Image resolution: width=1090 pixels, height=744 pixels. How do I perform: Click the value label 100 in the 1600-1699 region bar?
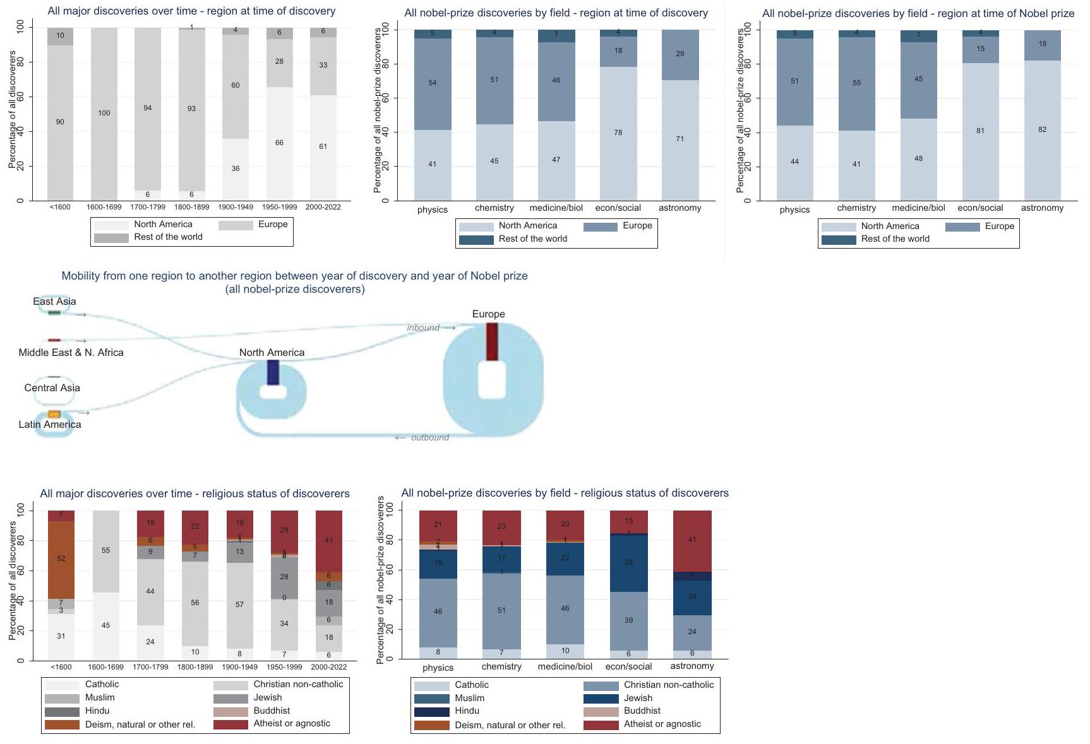point(104,114)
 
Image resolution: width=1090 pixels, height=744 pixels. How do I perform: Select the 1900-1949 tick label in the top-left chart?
point(236,207)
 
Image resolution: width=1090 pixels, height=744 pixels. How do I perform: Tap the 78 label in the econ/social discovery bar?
point(618,133)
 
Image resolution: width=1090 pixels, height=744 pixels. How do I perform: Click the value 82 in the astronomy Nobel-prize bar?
point(1042,129)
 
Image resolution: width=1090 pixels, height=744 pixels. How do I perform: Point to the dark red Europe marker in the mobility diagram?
point(492,341)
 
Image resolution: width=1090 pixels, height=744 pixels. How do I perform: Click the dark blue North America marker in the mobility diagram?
point(273,372)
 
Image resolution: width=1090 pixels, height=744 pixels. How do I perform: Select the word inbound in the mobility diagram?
point(423,328)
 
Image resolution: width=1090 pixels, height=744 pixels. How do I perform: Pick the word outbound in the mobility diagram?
point(430,437)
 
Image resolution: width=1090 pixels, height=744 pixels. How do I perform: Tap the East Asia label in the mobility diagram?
point(54,302)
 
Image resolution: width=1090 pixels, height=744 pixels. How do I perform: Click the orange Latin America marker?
point(54,415)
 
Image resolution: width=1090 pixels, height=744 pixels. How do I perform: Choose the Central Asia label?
point(52,388)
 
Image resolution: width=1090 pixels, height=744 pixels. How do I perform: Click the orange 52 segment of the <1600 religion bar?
point(61,558)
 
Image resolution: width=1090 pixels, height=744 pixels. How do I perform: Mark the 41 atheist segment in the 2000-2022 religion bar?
point(328,540)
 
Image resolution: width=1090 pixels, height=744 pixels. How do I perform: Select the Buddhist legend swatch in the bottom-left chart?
point(231,711)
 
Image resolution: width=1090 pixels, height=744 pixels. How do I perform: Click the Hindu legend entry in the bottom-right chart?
point(467,711)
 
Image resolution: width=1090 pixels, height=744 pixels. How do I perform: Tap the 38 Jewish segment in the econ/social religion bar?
point(628,562)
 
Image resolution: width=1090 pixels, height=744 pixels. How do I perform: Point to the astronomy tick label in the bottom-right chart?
point(692,666)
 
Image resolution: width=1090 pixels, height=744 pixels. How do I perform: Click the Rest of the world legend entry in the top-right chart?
point(895,239)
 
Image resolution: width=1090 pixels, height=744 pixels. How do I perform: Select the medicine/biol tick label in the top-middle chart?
point(556,208)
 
